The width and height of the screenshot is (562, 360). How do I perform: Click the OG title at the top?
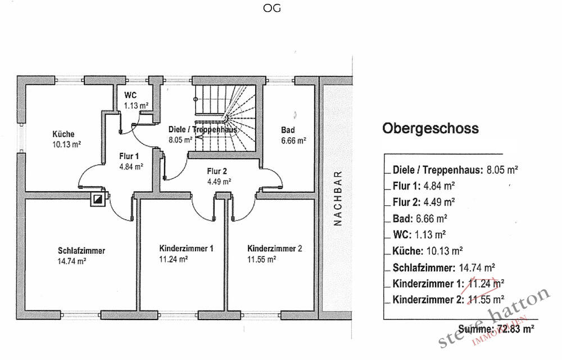pos(271,8)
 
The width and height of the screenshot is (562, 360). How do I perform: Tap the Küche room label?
pos(64,134)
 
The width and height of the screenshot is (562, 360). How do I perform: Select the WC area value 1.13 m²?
pos(136,106)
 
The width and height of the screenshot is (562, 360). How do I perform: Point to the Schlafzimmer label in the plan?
pos(81,251)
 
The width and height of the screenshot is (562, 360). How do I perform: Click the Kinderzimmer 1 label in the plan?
pos(187,249)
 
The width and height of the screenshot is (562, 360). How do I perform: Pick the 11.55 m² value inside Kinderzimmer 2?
pos(262,259)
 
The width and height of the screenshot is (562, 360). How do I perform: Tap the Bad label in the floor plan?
pos(288,130)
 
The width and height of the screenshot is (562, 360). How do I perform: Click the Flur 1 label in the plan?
pos(129,156)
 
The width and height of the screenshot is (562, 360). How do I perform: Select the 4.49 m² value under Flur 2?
pos(219,182)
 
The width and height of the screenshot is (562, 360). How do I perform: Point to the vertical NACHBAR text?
pos(338,199)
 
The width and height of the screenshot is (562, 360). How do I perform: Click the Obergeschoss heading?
pos(430,128)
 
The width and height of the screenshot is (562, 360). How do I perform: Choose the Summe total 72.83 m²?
pos(496,329)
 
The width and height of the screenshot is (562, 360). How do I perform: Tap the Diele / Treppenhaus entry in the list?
pos(455,170)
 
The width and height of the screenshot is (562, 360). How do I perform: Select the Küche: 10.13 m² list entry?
pos(428,251)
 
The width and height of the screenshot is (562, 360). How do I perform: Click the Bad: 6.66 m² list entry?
pos(420,218)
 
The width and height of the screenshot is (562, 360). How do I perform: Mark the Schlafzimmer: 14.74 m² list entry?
pos(444,268)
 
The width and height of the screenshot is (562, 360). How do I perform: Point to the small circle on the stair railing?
pos(196,99)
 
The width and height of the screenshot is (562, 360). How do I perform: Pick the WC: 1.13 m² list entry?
pos(419,235)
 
